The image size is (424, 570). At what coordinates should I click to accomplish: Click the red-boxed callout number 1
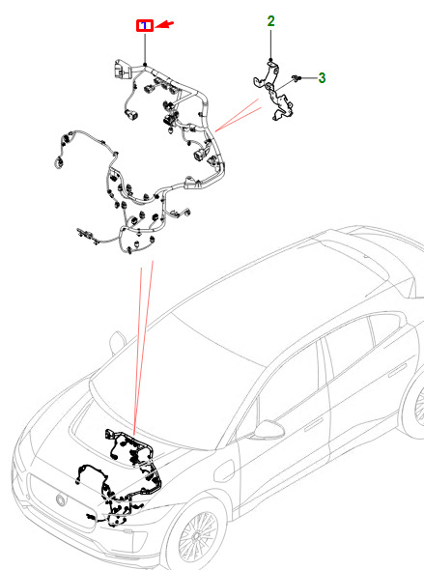coord(145,26)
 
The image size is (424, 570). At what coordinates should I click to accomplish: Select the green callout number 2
coord(270,21)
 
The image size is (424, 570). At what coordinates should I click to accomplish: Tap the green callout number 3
coord(322,78)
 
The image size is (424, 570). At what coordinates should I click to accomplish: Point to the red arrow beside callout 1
coord(164,25)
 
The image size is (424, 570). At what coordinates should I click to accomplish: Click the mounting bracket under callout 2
coord(273,91)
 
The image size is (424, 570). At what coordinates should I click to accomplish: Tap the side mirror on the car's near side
coord(269,431)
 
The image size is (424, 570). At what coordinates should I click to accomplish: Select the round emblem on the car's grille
coord(61,499)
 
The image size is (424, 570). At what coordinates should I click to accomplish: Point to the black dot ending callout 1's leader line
coord(145,65)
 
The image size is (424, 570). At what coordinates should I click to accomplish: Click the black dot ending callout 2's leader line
coord(270,60)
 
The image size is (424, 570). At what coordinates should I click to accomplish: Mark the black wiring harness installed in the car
coord(120,476)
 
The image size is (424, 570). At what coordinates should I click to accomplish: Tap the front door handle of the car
coord(313,423)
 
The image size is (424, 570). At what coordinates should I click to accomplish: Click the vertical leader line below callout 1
coord(145,47)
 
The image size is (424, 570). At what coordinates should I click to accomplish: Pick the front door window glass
coord(291,382)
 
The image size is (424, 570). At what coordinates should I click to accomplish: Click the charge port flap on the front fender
coord(224,471)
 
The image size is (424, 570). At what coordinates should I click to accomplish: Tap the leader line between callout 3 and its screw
coord(308,78)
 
